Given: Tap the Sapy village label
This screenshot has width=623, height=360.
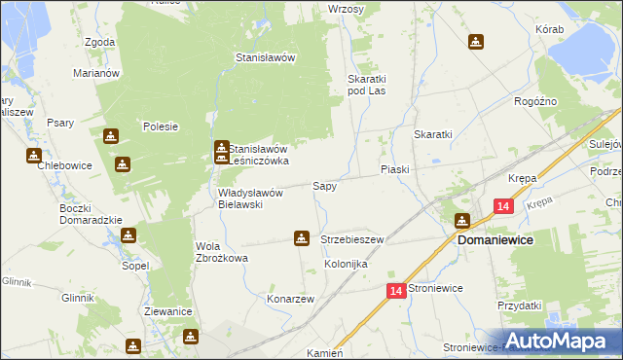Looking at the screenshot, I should [x=324, y=185].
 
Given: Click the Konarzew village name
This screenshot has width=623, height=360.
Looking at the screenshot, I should [x=290, y=299].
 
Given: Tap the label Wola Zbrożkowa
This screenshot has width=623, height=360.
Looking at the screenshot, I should [x=222, y=252].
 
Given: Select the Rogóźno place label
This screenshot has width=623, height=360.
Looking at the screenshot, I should [x=534, y=101].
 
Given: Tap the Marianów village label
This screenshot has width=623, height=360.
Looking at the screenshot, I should [x=95, y=73].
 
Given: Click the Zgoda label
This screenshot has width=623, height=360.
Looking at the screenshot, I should [x=100, y=43].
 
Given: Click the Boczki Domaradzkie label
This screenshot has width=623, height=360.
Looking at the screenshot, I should [x=89, y=214].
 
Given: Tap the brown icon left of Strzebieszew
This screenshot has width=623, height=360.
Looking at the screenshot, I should [x=302, y=237].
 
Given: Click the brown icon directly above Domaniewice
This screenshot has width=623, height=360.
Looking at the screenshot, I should [x=462, y=221].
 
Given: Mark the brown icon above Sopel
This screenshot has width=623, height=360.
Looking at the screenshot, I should [x=128, y=235].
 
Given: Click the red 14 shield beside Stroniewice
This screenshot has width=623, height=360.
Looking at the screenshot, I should [x=395, y=290].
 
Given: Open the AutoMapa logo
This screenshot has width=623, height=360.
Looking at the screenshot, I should [x=560, y=340].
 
